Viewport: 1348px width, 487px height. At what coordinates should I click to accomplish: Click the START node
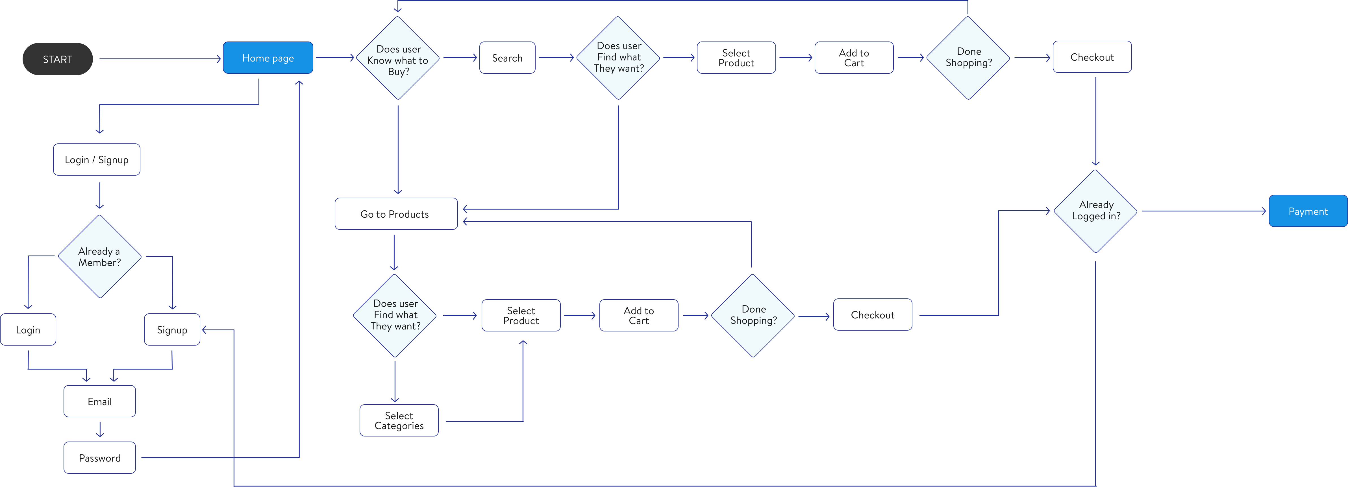(x=58, y=59)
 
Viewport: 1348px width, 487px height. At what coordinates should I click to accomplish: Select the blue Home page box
(x=268, y=58)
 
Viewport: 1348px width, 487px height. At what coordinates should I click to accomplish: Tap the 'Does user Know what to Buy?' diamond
(x=398, y=59)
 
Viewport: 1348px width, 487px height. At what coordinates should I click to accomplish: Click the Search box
(x=507, y=58)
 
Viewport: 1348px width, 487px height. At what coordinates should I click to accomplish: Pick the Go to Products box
(x=395, y=214)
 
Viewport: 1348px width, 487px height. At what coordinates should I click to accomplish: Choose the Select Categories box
(x=399, y=421)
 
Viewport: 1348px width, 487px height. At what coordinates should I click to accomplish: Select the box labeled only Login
(x=28, y=329)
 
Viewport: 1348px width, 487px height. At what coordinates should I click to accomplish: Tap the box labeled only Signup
(x=172, y=329)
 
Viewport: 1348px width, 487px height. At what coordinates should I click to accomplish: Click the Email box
(x=99, y=401)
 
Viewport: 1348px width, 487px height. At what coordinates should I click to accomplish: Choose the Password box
(x=99, y=458)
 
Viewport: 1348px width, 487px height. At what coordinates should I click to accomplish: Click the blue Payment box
(x=1308, y=211)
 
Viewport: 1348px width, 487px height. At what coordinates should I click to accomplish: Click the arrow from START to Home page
(x=160, y=59)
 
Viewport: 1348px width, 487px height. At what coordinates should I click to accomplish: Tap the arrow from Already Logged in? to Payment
(x=1204, y=211)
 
